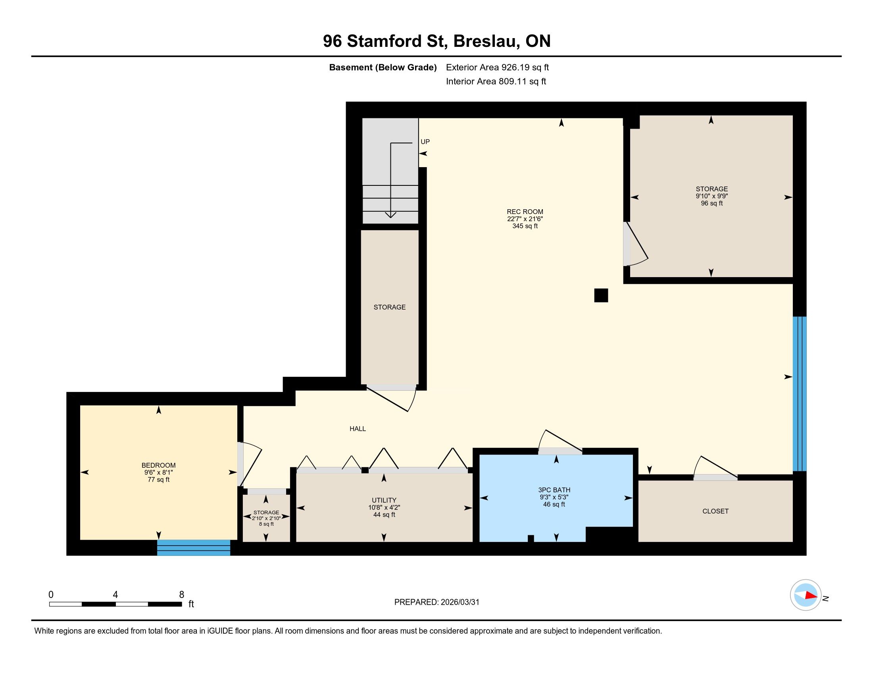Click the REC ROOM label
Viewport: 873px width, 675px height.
pyautogui.click(x=525, y=212)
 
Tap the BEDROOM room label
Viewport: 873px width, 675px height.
pyautogui.click(x=159, y=465)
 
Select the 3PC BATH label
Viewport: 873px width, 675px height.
pyautogui.click(x=554, y=490)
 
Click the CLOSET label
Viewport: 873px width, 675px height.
pyautogui.click(x=715, y=511)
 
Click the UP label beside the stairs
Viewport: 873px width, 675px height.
pyautogui.click(x=425, y=142)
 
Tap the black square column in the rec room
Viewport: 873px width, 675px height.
pyautogui.click(x=601, y=295)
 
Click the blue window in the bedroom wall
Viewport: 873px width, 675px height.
pyautogui.click(x=194, y=548)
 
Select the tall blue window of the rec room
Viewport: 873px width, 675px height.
pyautogui.click(x=800, y=394)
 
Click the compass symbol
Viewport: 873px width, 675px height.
pyautogui.click(x=806, y=595)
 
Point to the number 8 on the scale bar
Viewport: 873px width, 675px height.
pyautogui.click(x=181, y=595)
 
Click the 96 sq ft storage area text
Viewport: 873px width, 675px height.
pyautogui.click(x=712, y=204)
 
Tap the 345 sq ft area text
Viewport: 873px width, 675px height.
pyautogui.click(x=525, y=226)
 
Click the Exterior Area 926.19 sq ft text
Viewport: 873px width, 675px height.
pyautogui.click(x=498, y=67)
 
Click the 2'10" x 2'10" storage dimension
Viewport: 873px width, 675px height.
pyautogui.click(x=266, y=518)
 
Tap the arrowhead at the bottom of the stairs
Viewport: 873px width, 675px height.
pyautogui.click(x=390, y=215)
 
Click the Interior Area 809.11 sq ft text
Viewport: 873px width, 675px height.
pyautogui.click(x=496, y=81)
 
